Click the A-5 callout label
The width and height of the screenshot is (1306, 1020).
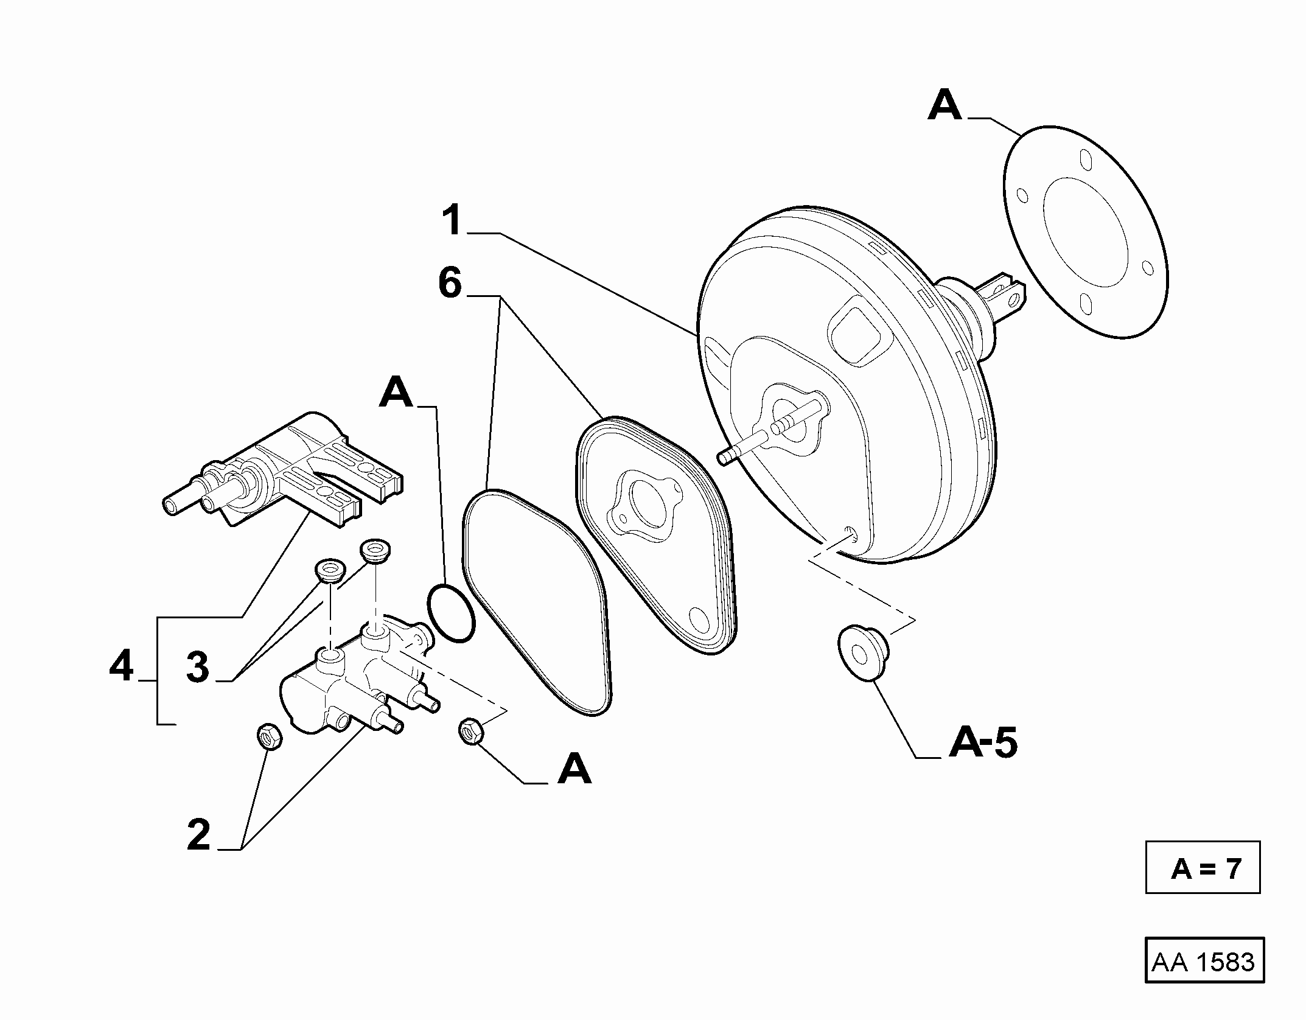tap(983, 742)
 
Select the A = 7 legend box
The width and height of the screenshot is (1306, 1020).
tap(1203, 868)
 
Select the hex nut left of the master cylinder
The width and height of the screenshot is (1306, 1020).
tap(269, 737)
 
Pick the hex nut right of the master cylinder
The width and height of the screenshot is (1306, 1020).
tap(471, 731)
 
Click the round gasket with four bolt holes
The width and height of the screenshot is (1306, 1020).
tap(1085, 232)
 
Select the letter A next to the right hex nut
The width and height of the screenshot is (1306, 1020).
tap(575, 769)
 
